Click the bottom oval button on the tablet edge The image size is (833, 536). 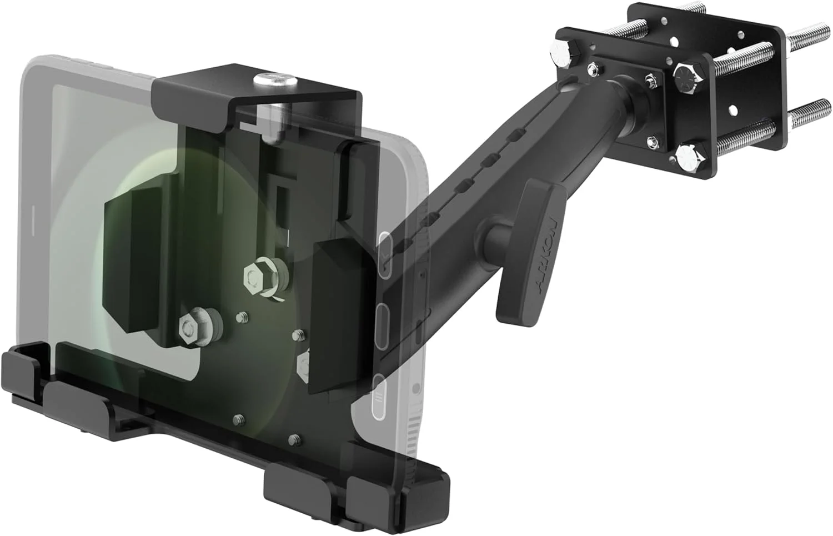pos(379,394)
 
